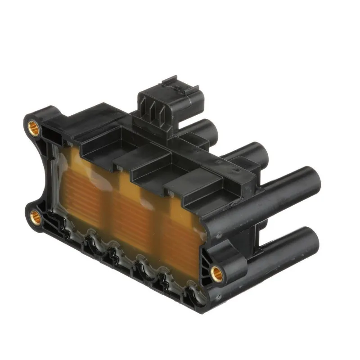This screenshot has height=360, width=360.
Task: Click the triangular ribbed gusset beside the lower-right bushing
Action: [205, 256]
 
